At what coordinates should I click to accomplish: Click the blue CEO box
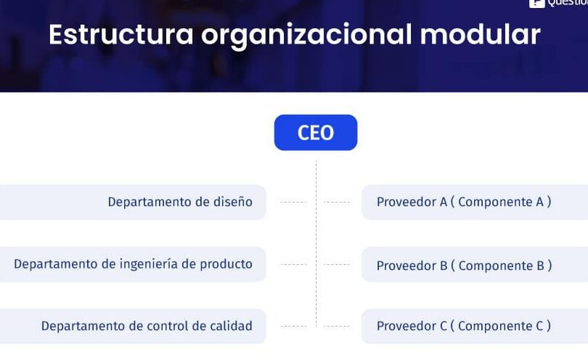click(316, 132)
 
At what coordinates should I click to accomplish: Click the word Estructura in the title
click(121, 35)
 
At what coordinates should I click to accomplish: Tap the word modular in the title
click(480, 35)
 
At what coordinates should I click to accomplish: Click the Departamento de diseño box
click(133, 202)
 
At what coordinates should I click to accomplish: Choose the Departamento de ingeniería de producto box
click(133, 264)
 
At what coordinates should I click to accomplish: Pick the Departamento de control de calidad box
click(133, 327)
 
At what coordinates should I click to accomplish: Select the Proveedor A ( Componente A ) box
click(475, 202)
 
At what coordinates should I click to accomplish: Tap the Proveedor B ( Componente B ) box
click(475, 264)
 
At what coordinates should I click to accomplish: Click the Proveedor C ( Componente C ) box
click(475, 327)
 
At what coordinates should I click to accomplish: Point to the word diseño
click(233, 202)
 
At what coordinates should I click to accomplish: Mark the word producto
click(226, 264)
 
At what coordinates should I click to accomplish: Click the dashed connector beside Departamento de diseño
click(293, 202)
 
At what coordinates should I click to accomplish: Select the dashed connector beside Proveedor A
click(337, 202)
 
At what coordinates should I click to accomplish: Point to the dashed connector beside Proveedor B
click(337, 264)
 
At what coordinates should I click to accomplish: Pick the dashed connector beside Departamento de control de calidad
click(293, 327)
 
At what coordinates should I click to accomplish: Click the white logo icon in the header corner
click(536, 4)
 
